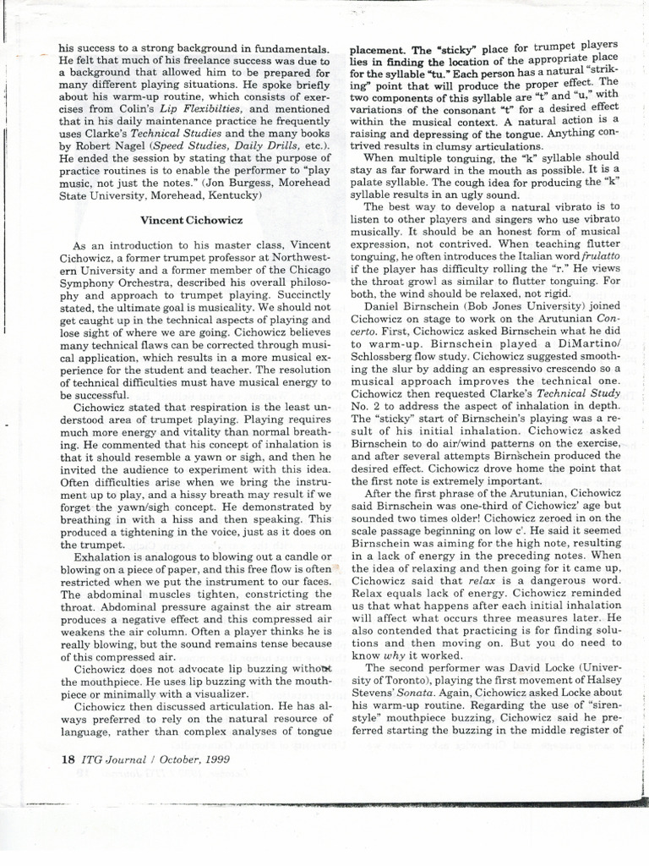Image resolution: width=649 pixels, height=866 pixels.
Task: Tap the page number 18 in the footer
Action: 68,758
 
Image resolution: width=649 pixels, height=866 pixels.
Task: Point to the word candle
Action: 292,558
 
